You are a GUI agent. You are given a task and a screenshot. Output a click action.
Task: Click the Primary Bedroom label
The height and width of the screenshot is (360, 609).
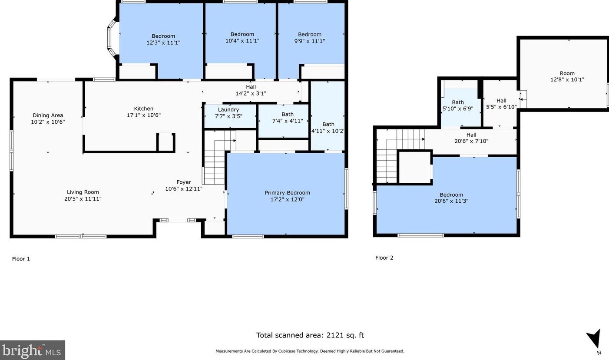(288, 193)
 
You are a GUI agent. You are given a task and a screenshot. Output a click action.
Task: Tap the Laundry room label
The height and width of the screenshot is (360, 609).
(228, 109)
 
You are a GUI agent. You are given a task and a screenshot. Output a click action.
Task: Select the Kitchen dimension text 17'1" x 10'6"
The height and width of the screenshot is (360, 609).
(143, 115)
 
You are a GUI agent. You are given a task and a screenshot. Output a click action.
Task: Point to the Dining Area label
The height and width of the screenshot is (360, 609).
(48, 116)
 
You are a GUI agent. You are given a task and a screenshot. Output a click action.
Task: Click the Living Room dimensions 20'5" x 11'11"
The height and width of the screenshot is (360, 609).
(83, 199)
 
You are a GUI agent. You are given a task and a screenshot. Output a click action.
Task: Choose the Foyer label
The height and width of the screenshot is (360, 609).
(184, 182)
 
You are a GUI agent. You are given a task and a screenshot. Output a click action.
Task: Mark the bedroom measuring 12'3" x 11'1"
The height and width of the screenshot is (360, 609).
(163, 40)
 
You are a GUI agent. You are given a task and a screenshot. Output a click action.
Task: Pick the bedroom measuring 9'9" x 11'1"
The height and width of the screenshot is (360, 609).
(310, 38)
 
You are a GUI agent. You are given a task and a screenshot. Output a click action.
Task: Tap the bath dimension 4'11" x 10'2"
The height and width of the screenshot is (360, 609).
(328, 131)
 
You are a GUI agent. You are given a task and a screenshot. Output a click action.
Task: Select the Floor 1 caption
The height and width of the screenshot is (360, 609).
(21, 259)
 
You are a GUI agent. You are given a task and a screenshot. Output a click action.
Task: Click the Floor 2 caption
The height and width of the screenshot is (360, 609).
(384, 258)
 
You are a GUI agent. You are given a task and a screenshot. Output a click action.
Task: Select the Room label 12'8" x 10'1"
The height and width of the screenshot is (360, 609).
(567, 76)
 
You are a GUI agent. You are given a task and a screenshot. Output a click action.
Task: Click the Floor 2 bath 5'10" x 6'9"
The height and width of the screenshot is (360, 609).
(458, 106)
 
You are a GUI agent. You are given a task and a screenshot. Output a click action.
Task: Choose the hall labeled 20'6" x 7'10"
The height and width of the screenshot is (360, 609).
(471, 138)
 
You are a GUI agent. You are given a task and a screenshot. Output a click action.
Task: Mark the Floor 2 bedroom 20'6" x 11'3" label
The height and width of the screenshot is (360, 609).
(451, 198)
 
